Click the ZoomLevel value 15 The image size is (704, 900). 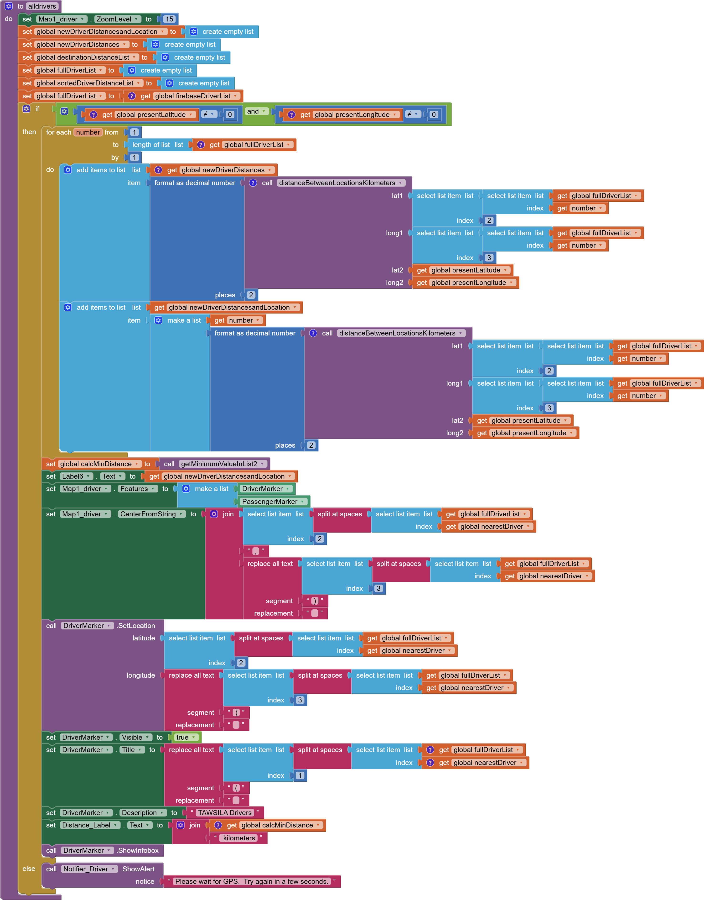tap(169, 19)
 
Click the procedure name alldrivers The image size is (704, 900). tap(42, 6)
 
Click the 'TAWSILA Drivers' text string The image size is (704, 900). tap(225, 813)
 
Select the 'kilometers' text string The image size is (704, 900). tap(239, 838)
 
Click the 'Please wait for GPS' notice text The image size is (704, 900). tap(251, 881)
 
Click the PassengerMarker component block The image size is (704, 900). tap(272, 501)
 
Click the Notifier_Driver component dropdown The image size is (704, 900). tap(89, 869)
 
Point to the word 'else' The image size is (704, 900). tap(29, 869)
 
